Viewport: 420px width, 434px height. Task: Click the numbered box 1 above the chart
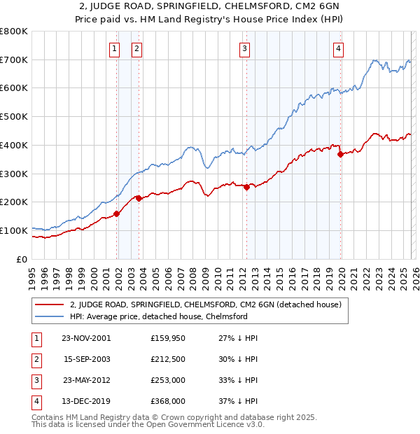[x=114, y=48]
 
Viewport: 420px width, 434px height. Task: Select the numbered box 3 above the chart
[x=245, y=48]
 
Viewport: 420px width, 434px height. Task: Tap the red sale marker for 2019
[x=340, y=155]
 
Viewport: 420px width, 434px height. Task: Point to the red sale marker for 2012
[x=246, y=187]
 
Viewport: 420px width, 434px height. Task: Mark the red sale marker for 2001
[x=117, y=213]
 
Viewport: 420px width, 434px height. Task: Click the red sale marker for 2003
[x=139, y=198]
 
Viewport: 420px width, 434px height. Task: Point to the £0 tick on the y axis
[x=22, y=259]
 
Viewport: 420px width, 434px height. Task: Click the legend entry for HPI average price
[x=158, y=316]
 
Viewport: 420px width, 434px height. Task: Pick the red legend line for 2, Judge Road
[x=49, y=304]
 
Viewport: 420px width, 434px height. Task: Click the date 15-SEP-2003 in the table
[x=87, y=359]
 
